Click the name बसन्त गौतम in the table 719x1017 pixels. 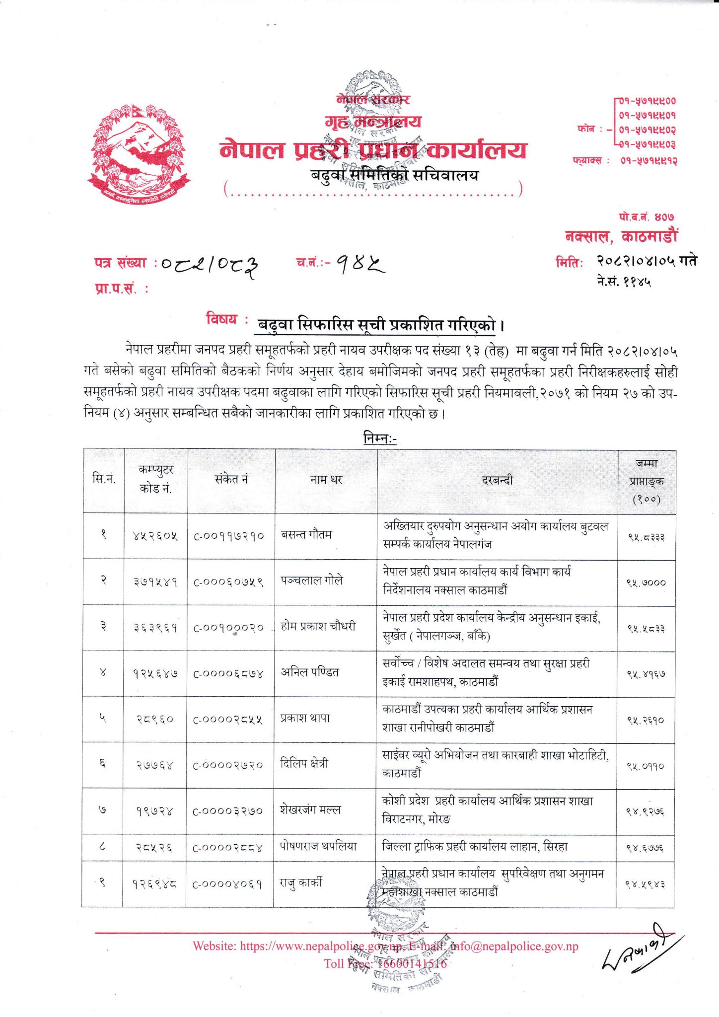pyautogui.click(x=306, y=535)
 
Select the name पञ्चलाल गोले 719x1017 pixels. pyautogui.click(x=312, y=581)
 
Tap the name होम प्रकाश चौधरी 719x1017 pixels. pyautogui.click(x=318, y=626)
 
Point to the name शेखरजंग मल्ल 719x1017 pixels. pyautogui.click(x=310, y=810)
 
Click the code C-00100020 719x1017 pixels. pyautogui.click(x=228, y=628)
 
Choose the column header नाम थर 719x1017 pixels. pyautogui.click(x=326, y=480)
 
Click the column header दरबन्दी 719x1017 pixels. pyautogui.click(x=497, y=480)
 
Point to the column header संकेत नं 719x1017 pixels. pyautogui.click(x=231, y=479)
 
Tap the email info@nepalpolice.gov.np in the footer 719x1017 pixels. pyautogui.click(x=514, y=946)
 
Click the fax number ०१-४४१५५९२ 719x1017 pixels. pyautogui.click(x=648, y=160)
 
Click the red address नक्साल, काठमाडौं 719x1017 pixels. pyautogui.click(x=621, y=236)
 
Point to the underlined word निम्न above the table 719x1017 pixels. pyautogui.click(x=379, y=438)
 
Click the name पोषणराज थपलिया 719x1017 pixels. pyautogui.click(x=318, y=847)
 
